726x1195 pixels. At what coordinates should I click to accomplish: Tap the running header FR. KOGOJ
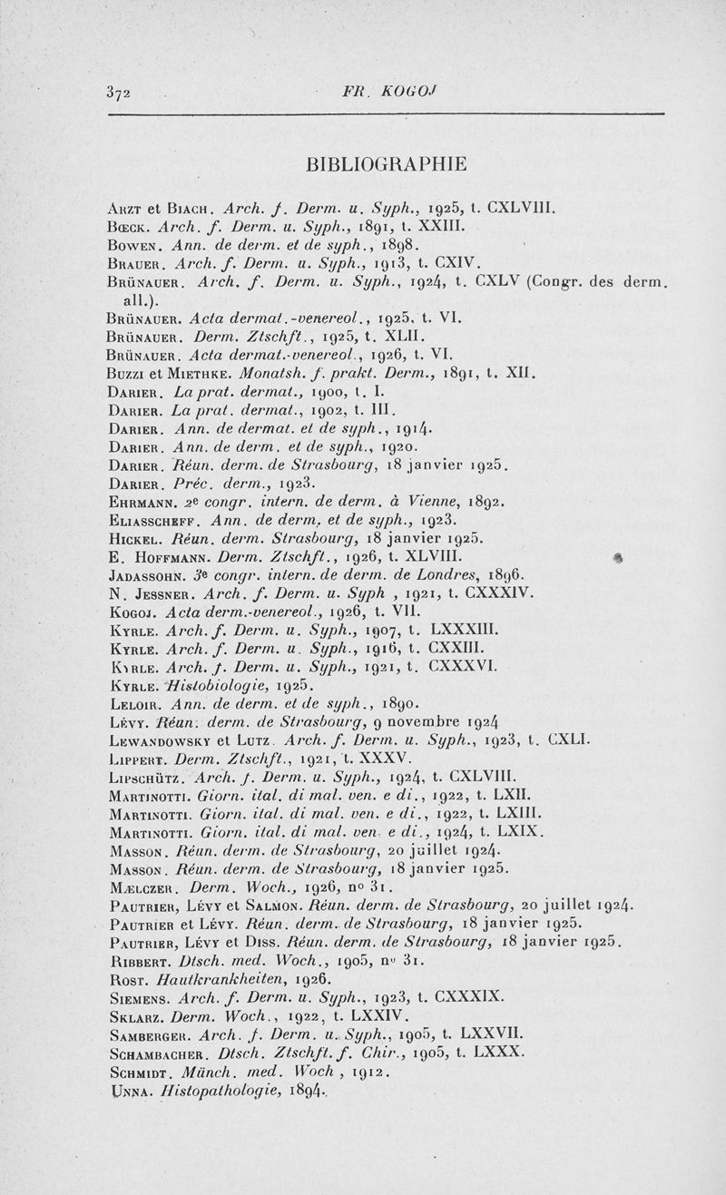pyautogui.click(x=373, y=92)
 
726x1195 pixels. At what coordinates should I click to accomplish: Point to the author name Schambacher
pyautogui.click(x=158, y=1053)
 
